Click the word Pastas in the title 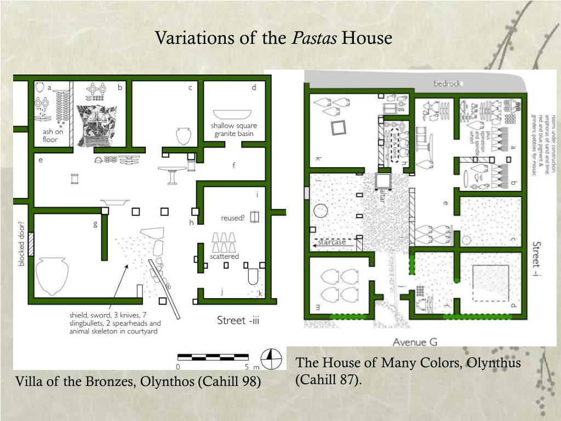(314, 38)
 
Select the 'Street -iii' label (238, 320)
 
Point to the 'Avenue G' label (415, 342)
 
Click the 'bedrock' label (448, 84)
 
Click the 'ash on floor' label (53, 135)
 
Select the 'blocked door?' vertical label (21, 244)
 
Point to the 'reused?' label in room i (232, 218)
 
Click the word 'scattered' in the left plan (225, 256)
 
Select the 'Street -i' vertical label (536, 257)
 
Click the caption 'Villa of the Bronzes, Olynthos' (138, 382)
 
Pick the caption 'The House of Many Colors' (408, 363)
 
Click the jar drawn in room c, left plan (184, 135)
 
